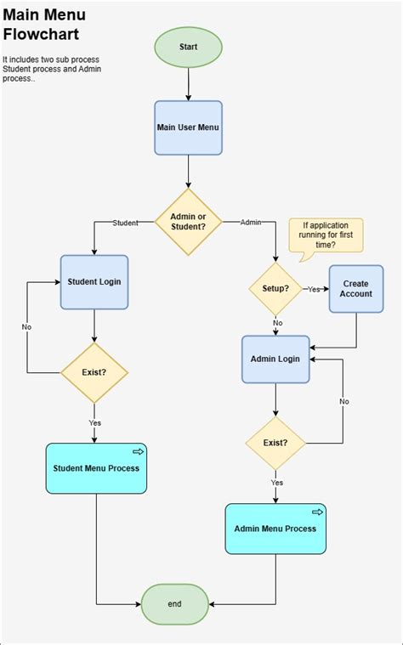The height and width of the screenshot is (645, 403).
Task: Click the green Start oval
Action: tap(188, 47)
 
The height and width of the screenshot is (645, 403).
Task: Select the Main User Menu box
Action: tap(188, 127)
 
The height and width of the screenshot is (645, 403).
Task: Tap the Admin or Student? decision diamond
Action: tap(188, 222)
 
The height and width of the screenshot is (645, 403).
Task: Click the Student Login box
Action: tap(94, 281)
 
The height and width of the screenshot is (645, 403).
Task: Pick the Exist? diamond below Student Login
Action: tap(94, 372)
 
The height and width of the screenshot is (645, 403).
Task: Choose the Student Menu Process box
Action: tap(96, 467)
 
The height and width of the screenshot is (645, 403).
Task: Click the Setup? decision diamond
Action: tap(275, 288)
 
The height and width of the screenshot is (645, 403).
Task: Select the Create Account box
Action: tap(356, 288)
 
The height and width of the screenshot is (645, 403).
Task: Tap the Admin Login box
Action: tap(275, 359)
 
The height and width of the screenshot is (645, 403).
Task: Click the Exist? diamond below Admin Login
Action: tap(275, 443)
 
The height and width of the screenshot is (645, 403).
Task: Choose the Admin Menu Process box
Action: tap(275, 529)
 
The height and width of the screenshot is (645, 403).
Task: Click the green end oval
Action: tap(174, 604)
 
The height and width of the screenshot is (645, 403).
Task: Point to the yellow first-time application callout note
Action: tap(326, 235)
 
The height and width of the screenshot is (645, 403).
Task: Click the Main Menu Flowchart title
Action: tap(44, 25)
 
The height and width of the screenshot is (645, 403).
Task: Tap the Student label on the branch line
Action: tap(125, 223)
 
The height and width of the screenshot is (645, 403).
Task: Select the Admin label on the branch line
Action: tap(251, 223)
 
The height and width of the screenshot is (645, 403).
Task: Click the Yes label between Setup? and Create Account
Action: tap(315, 289)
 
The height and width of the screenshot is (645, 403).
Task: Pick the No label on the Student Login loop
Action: tap(26, 326)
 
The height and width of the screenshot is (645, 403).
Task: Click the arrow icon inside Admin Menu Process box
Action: tap(317, 512)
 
